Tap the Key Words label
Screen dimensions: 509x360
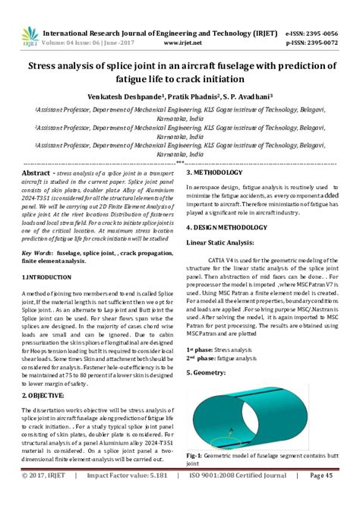[37, 251]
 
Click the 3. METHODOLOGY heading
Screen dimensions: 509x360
[221, 173]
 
